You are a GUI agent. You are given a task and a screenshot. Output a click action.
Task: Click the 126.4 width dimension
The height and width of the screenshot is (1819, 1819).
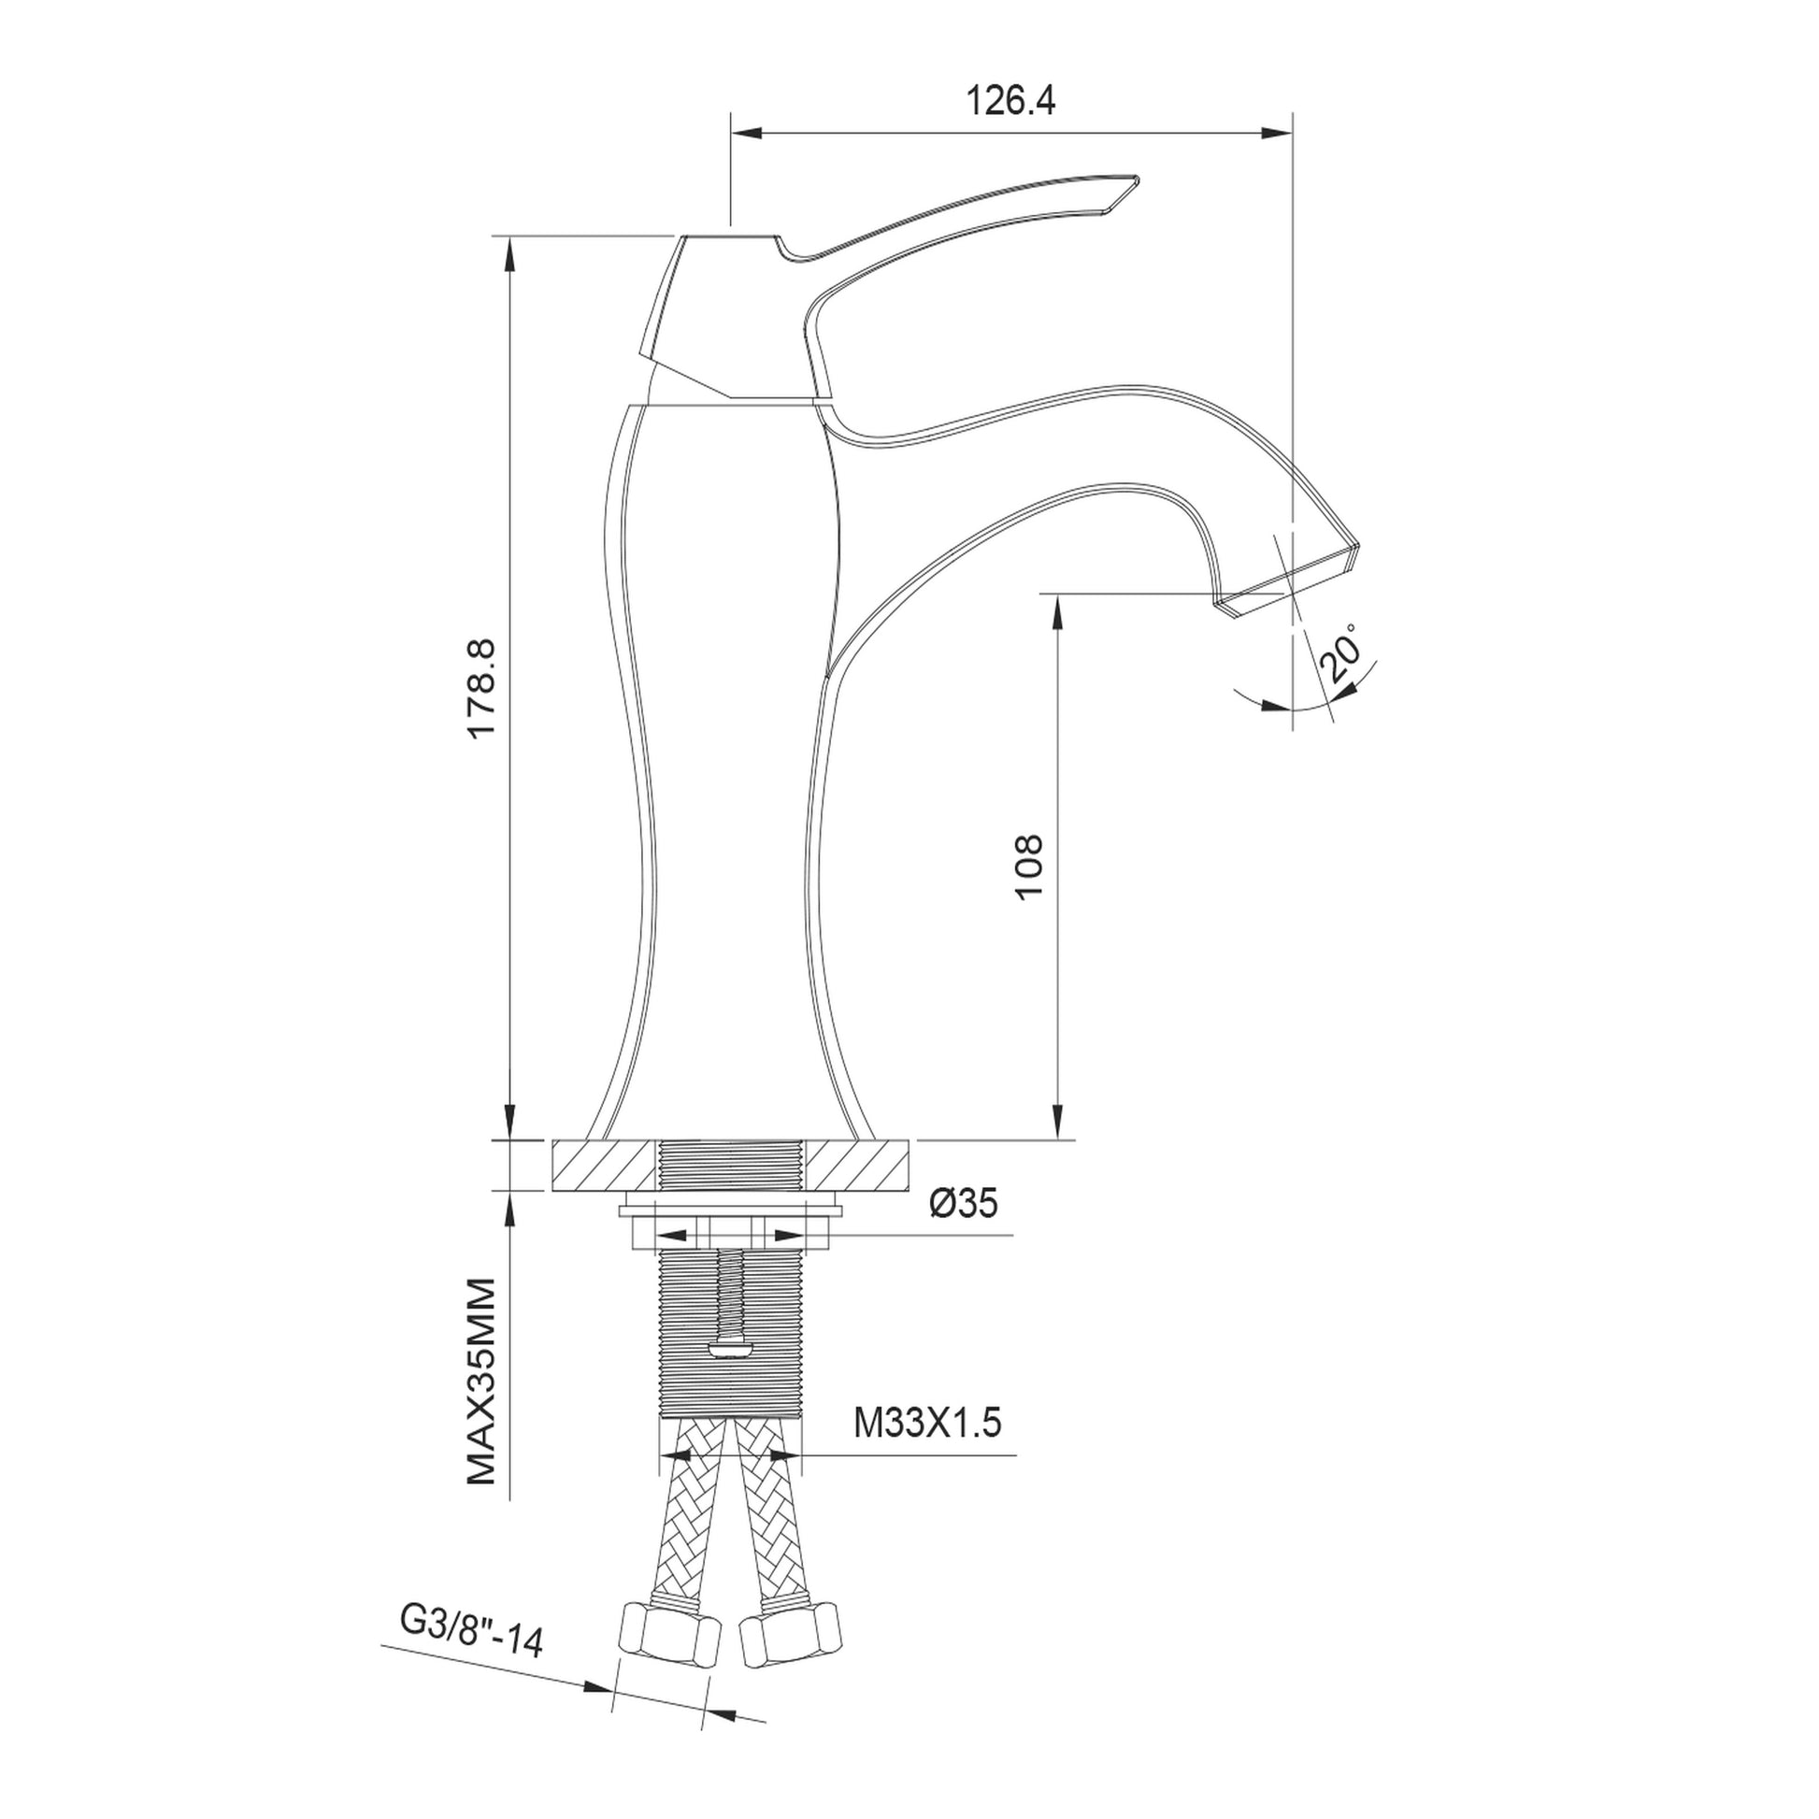tap(1010, 101)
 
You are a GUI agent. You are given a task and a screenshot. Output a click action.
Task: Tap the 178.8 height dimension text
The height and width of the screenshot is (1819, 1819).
tap(482, 690)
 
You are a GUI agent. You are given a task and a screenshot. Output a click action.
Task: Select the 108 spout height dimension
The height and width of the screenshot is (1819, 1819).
tap(1029, 867)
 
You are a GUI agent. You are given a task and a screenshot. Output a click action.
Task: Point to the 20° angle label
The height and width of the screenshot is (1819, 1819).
tap(1342, 652)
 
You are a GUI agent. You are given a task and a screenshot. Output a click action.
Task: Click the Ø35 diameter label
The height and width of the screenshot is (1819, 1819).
tap(963, 1202)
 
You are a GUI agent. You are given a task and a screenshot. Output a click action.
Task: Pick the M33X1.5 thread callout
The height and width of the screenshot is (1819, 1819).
tap(927, 1423)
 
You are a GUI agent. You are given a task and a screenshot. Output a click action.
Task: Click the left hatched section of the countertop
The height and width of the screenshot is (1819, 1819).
tap(603, 1166)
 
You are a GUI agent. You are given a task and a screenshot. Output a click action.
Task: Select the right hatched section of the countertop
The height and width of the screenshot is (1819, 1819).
tap(858, 1166)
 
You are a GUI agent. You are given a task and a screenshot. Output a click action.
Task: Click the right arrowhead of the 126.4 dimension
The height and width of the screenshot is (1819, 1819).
tap(1279, 133)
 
